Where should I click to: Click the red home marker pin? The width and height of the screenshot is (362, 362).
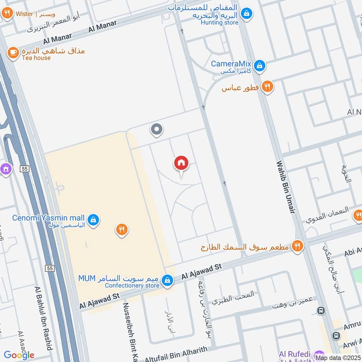pos(181,163)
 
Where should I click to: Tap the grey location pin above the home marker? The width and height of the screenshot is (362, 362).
pos(157,130)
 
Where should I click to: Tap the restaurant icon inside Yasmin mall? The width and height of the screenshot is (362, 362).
pos(121,229)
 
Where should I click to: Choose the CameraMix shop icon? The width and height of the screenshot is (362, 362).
pos(259,66)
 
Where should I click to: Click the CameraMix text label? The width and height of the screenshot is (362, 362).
pos(231,64)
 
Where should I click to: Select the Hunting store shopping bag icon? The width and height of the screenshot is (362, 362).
pos(246,14)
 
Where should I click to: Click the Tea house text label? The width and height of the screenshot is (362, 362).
pos(36,58)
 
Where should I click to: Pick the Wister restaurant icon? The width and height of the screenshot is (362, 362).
pos(7,14)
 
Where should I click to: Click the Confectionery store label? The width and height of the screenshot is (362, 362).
pos(132,286)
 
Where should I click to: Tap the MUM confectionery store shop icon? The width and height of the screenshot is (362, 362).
pos(168,281)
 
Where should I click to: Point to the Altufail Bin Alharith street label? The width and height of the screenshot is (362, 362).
pos(176,355)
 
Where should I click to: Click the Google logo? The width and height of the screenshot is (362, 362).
pos(19,355)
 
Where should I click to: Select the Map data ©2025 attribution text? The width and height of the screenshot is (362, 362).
pos(338,358)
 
